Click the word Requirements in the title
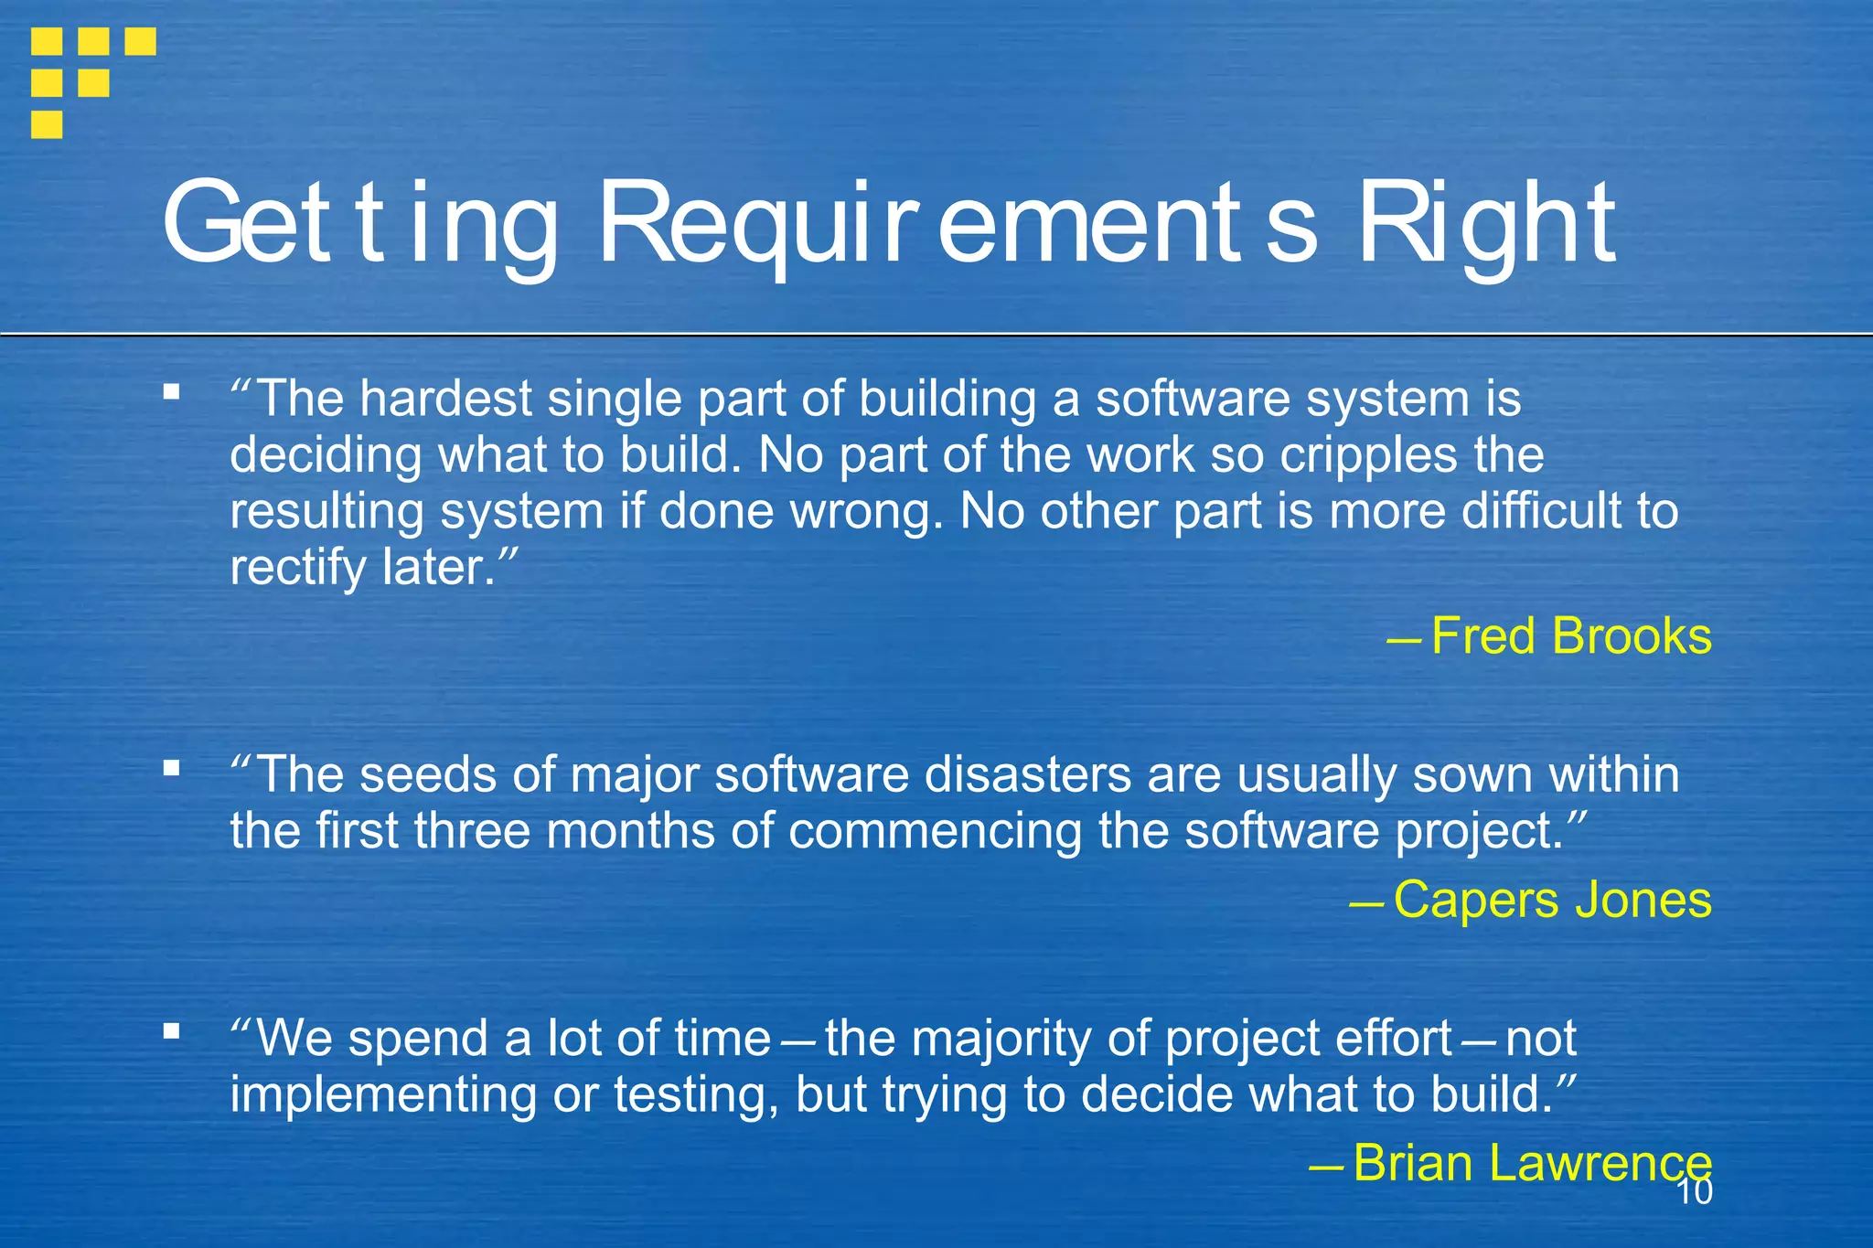957,224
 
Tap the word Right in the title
1486,224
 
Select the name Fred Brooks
1570,636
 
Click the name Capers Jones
1551,900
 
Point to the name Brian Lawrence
1531,1163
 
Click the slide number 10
1695,1192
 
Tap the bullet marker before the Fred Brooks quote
171,392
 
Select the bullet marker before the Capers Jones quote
171,767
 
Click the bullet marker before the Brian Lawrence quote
171,1030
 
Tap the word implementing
383,1094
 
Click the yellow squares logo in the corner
91,80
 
